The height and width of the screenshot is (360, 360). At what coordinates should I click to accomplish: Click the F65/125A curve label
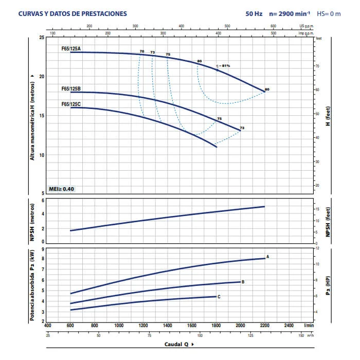71,48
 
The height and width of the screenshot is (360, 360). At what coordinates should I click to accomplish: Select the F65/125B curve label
71,88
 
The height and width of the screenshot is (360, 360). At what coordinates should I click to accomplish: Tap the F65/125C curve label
71,104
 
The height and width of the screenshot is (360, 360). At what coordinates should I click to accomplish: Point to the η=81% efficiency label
223,65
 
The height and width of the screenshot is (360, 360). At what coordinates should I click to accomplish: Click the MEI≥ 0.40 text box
62,189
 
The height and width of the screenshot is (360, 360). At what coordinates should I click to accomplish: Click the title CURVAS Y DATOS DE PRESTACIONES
72,14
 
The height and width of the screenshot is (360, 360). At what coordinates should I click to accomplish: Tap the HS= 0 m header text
329,14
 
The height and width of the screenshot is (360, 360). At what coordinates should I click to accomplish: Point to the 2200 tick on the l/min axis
265,326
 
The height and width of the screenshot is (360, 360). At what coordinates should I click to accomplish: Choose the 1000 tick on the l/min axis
119,326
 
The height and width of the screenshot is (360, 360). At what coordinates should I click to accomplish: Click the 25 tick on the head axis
42,38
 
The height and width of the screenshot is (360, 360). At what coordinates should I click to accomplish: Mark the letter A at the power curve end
268,256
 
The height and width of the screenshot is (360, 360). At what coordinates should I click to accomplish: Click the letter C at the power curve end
219,297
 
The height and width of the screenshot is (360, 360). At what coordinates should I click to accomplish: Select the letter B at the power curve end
243,282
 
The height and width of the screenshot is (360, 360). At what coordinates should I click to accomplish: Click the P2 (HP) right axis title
328,284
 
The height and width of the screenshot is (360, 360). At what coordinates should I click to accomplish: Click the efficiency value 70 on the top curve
142,52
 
